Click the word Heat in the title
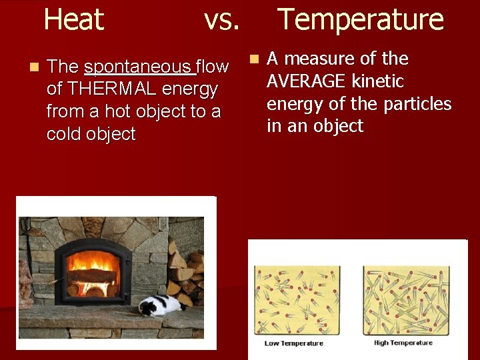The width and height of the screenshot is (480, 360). pos(73,20)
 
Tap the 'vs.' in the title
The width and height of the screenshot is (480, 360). pos(221,20)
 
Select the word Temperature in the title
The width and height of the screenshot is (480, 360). pos(360,20)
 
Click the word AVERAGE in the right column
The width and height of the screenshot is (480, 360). pos(307,81)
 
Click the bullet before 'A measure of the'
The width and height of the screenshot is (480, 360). pos(254,59)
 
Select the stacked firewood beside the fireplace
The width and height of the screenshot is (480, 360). pos(186,273)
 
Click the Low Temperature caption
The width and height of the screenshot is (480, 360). pos(294,343)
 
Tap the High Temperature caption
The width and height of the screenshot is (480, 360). pos(403,343)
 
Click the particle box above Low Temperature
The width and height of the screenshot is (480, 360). pos(297,301)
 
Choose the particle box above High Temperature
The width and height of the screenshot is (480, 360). pos(405,301)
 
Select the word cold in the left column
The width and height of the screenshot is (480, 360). pos(67,134)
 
